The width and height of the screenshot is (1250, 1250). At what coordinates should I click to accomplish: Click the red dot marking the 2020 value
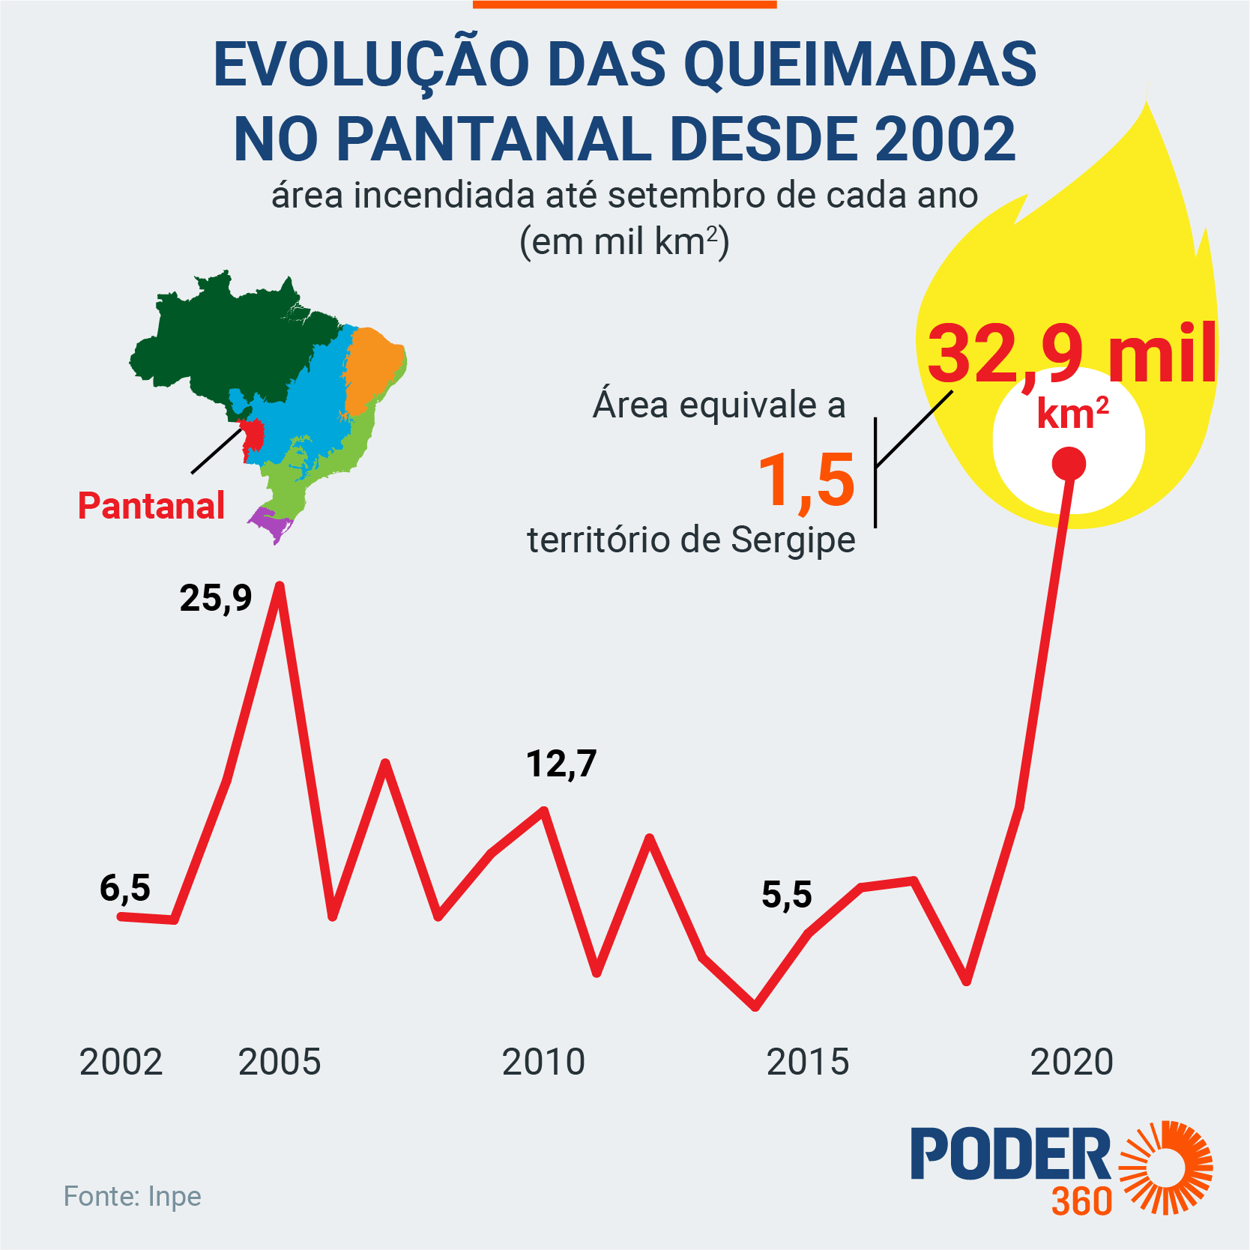(1069, 464)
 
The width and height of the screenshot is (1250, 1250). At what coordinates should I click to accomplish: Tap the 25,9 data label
(216, 598)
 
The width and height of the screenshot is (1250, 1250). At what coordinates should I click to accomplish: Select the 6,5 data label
(125, 888)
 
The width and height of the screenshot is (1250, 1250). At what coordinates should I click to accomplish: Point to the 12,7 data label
(561, 764)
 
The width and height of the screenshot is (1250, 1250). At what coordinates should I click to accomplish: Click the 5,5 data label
(787, 895)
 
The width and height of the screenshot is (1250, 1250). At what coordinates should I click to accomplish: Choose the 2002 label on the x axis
(121, 1062)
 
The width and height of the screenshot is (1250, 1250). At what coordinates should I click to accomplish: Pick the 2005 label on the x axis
(280, 1062)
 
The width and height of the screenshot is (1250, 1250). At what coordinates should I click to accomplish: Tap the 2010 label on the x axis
(543, 1062)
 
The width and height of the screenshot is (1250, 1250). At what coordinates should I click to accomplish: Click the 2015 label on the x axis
(808, 1062)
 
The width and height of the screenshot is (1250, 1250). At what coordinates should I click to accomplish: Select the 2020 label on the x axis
(1072, 1062)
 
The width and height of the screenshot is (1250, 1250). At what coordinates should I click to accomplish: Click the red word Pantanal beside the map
(151, 506)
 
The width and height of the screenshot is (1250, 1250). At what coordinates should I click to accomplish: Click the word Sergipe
(793, 540)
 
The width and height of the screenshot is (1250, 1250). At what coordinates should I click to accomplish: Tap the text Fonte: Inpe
(133, 1197)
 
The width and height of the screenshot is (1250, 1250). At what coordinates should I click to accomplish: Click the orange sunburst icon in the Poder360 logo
(1165, 1167)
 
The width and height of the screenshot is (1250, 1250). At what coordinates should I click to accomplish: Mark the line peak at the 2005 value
(280, 586)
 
